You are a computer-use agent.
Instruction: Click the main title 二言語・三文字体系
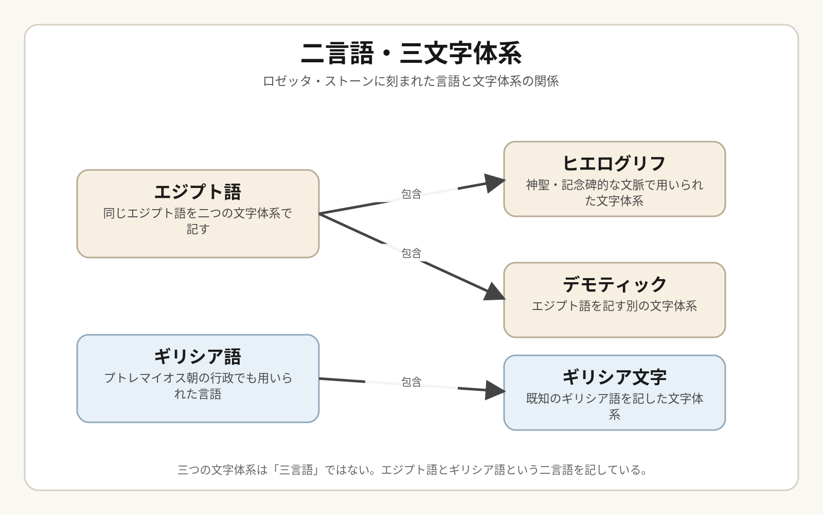(x=411, y=54)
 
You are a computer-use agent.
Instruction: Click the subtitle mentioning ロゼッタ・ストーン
(x=411, y=81)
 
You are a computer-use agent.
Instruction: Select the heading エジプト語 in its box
(x=198, y=192)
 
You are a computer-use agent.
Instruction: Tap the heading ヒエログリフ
(x=614, y=164)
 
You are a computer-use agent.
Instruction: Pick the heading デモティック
(x=614, y=285)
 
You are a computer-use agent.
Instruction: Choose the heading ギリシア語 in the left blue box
(x=198, y=357)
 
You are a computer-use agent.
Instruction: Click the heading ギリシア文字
(x=614, y=377)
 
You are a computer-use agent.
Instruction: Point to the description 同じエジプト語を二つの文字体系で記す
(x=198, y=221)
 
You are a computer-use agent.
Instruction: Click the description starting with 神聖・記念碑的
(x=614, y=193)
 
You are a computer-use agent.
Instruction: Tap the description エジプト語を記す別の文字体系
(x=614, y=306)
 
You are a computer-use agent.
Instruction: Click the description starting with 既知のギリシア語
(x=614, y=406)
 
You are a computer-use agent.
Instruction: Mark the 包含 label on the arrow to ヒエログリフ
(x=411, y=194)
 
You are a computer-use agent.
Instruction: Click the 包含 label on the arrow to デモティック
(x=411, y=253)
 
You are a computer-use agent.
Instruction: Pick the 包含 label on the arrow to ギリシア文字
(x=411, y=382)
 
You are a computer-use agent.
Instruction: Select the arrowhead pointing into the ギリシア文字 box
(x=495, y=390)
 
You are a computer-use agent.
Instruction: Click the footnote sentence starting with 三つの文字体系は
(x=411, y=470)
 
